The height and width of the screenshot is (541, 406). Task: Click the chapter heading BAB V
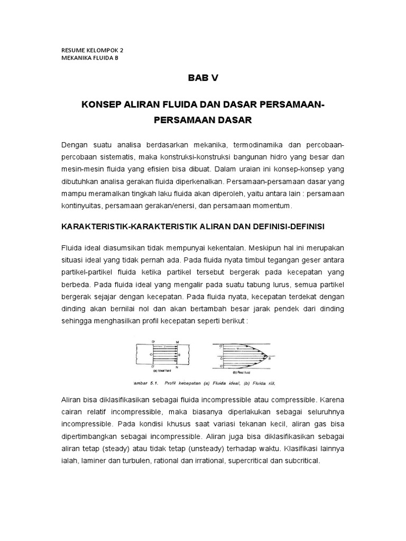click(203, 78)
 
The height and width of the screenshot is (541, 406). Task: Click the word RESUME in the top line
click(72, 50)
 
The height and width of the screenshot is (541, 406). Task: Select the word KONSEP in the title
click(100, 105)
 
